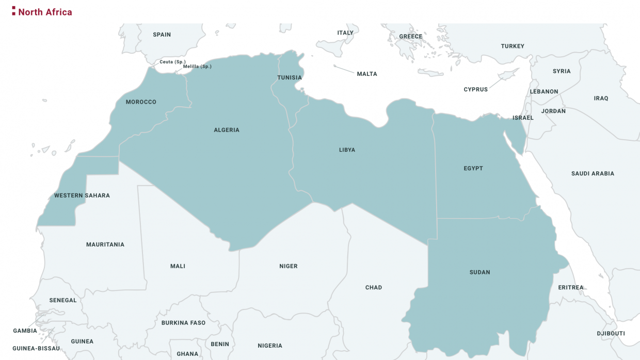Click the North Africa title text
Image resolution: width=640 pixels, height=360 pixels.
[45, 12]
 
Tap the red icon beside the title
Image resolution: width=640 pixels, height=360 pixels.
[14, 11]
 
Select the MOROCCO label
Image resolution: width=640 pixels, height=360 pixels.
[141, 102]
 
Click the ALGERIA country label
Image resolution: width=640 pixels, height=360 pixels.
[227, 130]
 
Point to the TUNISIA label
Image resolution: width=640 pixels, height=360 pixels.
[290, 78]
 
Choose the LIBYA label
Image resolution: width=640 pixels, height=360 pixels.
[347, 150]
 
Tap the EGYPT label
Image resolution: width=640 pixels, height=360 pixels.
[473, 169]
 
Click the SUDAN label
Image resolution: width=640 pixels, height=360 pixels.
[480, 272]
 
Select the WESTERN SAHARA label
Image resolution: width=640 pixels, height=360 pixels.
[82, 195]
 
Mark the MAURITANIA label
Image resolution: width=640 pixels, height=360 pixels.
[105, 244]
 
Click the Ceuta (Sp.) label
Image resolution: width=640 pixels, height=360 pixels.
[172, 62]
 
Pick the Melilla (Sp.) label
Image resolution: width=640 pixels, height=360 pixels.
[197, 67]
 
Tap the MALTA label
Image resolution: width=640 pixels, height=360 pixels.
[367, 74]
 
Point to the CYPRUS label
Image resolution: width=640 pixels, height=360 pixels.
[475, 90]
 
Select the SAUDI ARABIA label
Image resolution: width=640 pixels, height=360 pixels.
[593, 174]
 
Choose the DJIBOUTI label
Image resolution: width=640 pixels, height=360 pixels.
[611, 334]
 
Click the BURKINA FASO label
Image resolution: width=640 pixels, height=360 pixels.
[183, 323]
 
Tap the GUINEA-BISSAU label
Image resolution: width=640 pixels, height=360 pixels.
[36, 349]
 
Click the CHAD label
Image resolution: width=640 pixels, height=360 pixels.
[374, 288]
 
